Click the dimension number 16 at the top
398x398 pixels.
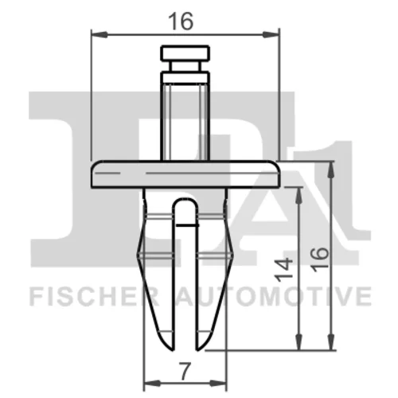tap(181, 21)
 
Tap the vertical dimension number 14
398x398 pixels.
tap(283, 270)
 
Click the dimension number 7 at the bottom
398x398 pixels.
tap(185, 371)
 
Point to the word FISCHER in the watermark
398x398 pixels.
tap(94, 296)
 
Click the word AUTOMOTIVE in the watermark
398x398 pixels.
tap(274, 296)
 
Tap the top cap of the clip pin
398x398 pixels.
tap(185, 53)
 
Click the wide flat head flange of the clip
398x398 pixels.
tap(185, 174)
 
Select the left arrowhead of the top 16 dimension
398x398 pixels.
tap(99, 34)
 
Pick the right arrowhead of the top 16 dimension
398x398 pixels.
tap(271, 34)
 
